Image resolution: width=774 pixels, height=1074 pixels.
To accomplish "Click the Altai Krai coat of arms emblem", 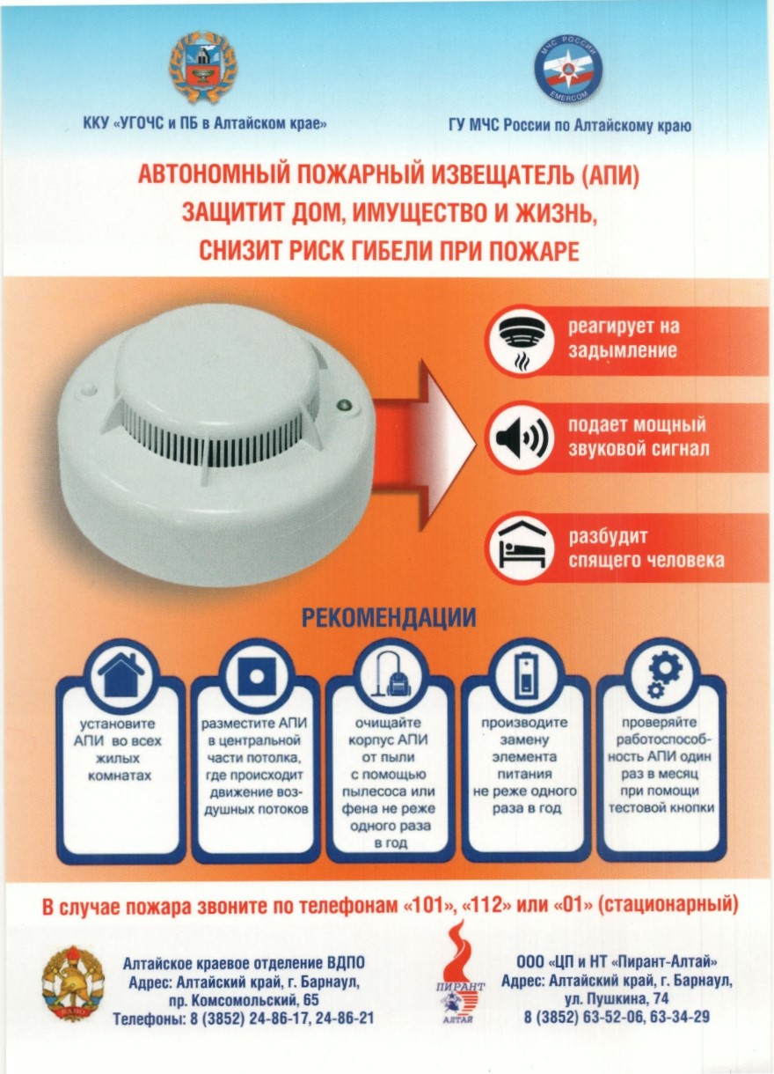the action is pyautogui.click(x=202, y=67).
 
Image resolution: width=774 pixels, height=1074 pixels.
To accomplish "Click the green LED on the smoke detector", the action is pyautogui.click(x=344, y=406).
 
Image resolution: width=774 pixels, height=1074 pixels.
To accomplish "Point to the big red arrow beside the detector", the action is pyautogui.click(x=422, y=446).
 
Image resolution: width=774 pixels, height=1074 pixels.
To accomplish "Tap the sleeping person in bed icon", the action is pyautogui.click(x=522, y=548).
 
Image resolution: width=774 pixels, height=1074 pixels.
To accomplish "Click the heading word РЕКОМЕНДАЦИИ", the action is pyautogui.click(x=389, y=618).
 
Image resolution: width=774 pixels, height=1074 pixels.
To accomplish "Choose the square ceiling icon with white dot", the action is pyautogui.click(x=257, y=675).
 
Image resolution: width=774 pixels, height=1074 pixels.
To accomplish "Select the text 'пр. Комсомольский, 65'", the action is pyautogui.click(x=244, y=1000).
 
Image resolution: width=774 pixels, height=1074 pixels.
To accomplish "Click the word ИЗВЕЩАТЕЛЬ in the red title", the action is pyautogui.click(x=501, y=175).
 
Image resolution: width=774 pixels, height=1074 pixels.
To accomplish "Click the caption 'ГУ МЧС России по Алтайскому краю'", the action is pyautogui.click(x=569, y=126).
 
